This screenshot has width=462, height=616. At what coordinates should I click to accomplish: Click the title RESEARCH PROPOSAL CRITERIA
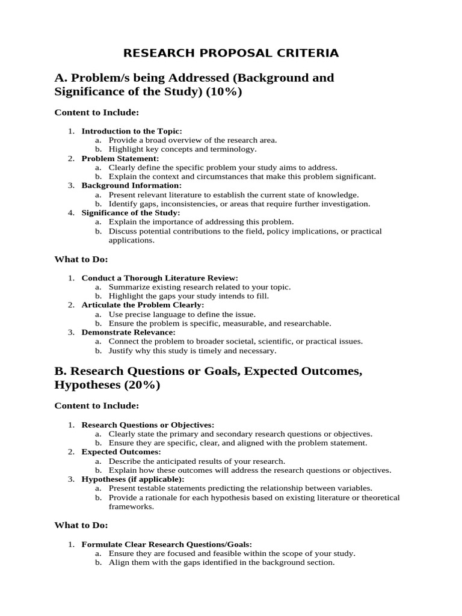231,53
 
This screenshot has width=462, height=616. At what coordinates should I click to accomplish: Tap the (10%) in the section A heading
223,92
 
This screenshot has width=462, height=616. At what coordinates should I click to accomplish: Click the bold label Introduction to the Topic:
132,131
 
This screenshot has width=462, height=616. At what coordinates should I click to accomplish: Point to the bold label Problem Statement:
120,159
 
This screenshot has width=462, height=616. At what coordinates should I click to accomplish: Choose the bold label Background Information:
131,186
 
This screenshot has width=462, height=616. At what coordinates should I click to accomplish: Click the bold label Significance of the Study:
131,213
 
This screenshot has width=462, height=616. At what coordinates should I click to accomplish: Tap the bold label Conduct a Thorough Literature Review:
160,278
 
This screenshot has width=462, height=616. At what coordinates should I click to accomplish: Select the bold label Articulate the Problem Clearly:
143,305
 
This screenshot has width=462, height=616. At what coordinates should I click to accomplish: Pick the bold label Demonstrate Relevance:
128,332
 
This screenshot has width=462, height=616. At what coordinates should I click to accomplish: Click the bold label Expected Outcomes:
121,452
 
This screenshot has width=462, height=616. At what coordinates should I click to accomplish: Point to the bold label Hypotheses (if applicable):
133,479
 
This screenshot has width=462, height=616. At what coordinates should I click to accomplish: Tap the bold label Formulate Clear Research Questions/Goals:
162,544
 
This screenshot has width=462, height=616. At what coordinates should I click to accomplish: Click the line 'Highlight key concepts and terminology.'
182,149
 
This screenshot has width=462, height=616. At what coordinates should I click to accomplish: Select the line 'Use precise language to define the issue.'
182,314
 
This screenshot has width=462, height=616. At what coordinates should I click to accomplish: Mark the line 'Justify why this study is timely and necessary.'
192,350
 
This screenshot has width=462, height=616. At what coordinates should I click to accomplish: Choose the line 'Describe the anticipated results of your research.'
197,461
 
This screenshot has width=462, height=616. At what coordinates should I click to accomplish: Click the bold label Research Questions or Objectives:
148,425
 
